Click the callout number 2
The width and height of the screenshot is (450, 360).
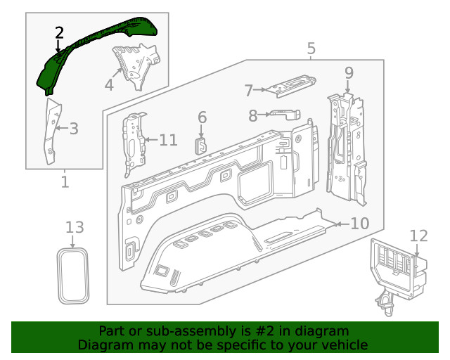59,32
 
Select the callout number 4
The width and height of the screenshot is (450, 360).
109,85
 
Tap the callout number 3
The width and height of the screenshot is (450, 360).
73,129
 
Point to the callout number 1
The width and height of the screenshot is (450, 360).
65,183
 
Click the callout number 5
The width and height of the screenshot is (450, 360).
311,49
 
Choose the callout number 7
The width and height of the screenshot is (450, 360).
248,90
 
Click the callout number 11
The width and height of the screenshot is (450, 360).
168,140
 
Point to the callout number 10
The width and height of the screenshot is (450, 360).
359,224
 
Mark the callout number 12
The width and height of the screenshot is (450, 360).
418,236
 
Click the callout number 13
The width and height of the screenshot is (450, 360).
75,227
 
